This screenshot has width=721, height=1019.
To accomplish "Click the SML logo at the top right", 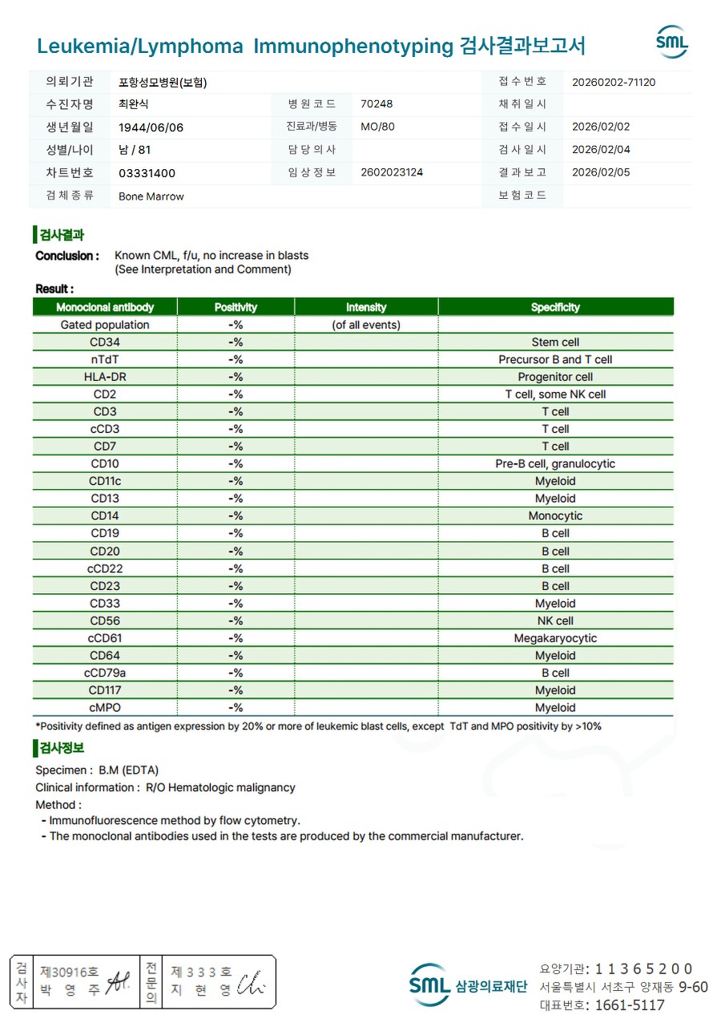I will point(671,42).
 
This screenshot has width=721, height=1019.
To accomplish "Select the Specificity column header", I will point(555,307).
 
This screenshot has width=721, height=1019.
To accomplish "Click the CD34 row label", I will point(105,342).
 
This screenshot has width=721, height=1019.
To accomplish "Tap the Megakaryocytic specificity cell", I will point(555,638).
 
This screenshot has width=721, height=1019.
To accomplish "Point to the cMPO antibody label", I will point(105,708).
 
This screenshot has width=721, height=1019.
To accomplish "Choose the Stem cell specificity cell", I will point(555,342).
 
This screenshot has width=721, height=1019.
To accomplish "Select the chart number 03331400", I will point(147,173).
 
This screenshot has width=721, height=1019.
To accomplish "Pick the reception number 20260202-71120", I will point(614,82).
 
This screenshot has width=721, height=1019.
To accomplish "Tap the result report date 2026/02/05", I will point(601,172).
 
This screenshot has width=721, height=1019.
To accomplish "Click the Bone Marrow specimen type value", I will point(151,196).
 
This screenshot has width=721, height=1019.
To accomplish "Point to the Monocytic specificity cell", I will point(555,516).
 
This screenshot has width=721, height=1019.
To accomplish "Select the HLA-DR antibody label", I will point(105,377).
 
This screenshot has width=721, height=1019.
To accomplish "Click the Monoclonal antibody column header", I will point(105,307).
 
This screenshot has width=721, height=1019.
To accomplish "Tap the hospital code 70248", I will point(377,104).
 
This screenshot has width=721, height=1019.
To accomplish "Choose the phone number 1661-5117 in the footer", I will point(630,1005).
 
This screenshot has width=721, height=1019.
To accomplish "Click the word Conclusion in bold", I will point(67,256).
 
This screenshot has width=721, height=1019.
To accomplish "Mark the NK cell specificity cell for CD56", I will point(555,621).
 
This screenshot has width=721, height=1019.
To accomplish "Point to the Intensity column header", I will point(366,307).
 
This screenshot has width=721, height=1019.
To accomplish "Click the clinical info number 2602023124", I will point(392,172).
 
